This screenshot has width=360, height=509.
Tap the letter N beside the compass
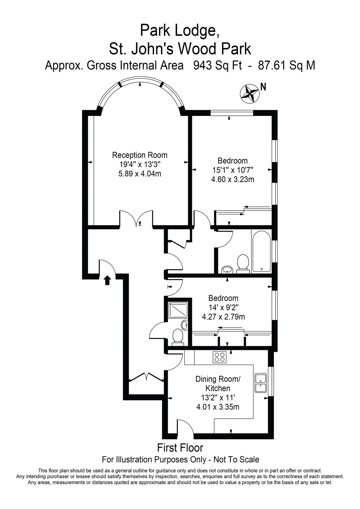pos(263,87)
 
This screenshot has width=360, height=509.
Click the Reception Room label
pos(140,155)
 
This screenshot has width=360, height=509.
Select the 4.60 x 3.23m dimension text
pos(232,179)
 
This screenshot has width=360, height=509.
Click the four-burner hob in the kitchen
pos(219,357)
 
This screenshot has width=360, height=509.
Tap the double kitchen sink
pos(261,383)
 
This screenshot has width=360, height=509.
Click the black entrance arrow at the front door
pos(108,280)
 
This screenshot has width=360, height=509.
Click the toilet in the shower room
pos(178,338)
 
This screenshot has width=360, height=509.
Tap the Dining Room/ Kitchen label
pos(218,384)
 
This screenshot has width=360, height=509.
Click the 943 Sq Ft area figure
pos(217,66)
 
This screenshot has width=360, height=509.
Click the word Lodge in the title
pos(194,31)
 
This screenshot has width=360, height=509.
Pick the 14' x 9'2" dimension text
pos(223,307)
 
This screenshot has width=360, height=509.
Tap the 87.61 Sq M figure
pos(286,66)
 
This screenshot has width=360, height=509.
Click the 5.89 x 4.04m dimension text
pos(140,174)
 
